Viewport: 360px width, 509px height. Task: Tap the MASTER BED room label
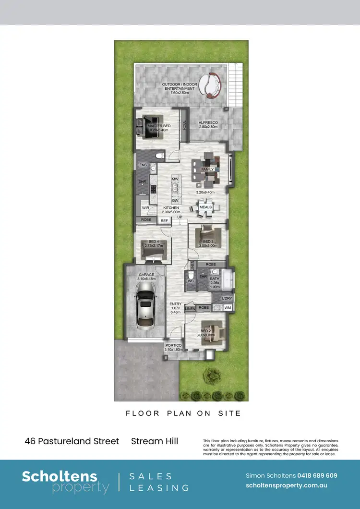[159, 126]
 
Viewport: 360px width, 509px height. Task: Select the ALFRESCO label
[208, 123]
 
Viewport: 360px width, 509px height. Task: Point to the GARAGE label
[146, 275]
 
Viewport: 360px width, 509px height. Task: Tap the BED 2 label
[206, 331]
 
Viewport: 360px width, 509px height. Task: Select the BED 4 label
[154, 242]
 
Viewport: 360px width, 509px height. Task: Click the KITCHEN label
[170, 208]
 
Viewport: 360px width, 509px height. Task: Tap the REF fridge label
[164, 221]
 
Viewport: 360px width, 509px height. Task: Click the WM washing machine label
[228, 307]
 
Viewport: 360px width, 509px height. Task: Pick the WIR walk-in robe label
[145, 208]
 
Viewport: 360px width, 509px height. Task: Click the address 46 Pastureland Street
[72, 441]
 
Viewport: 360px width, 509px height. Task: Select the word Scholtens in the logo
[60, 476]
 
